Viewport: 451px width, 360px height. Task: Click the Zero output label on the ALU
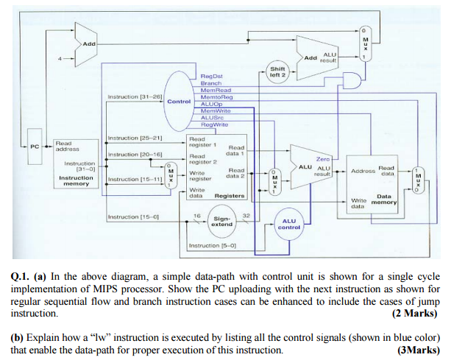point(322,158)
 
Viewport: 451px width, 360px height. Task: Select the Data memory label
point(385,200)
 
